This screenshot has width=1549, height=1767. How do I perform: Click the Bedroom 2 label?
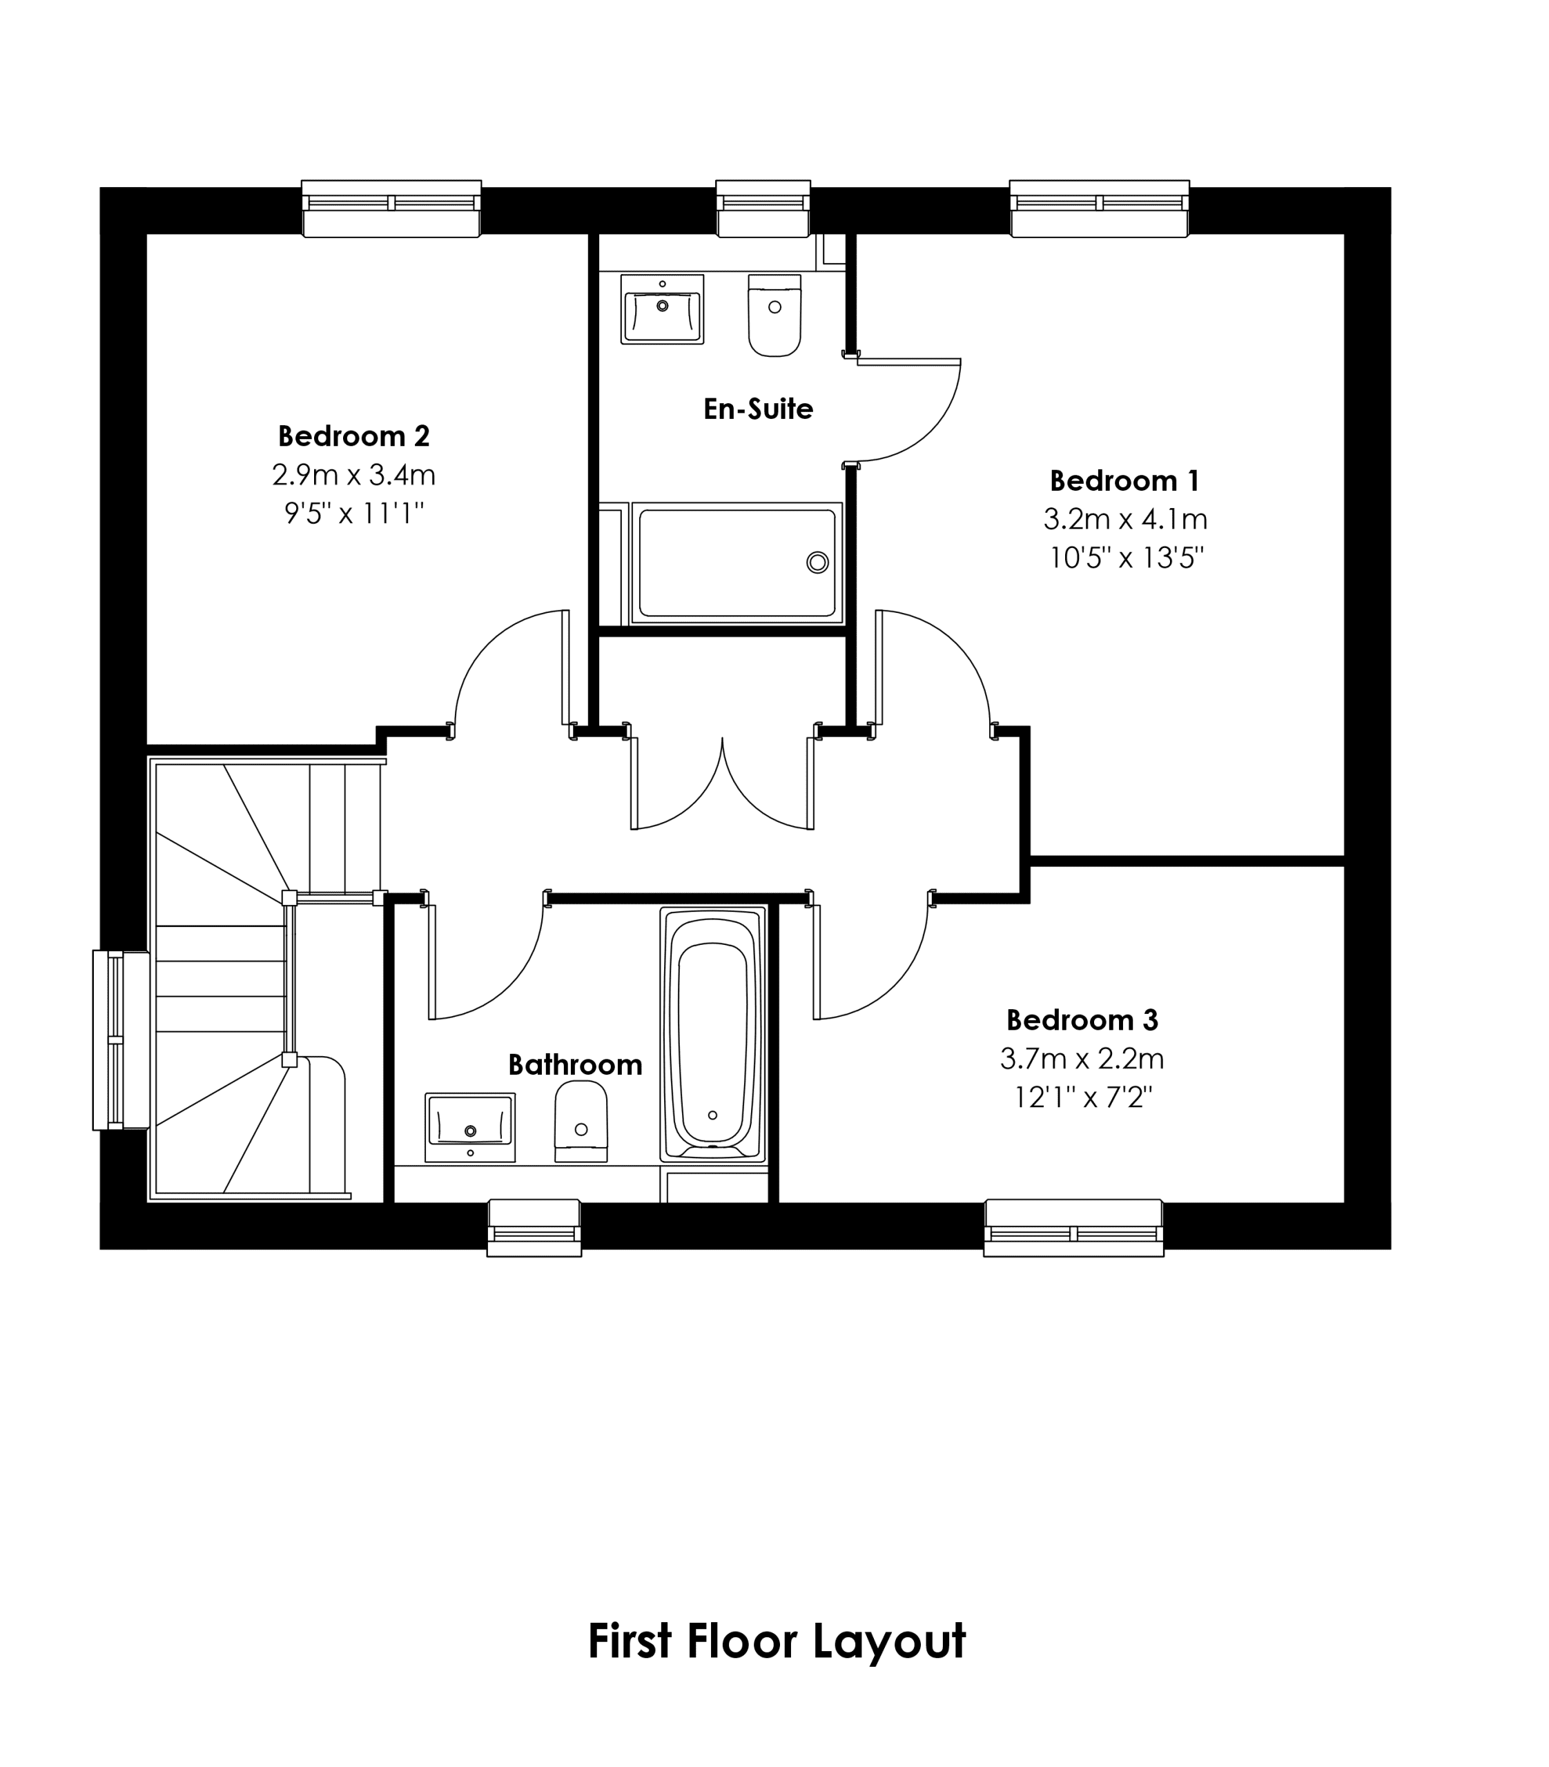353,436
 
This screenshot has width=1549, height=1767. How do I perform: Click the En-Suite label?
758,408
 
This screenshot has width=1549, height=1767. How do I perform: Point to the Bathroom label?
575,1064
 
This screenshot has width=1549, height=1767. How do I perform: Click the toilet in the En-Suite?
774,315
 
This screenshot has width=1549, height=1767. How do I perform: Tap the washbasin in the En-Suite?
662,309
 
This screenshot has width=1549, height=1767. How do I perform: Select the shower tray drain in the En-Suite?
817,562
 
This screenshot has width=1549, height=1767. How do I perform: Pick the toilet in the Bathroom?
581,1121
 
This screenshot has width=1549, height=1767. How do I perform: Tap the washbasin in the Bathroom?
470,1127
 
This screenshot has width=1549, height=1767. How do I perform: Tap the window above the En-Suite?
763,208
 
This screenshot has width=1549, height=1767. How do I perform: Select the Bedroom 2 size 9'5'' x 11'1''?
354,514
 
